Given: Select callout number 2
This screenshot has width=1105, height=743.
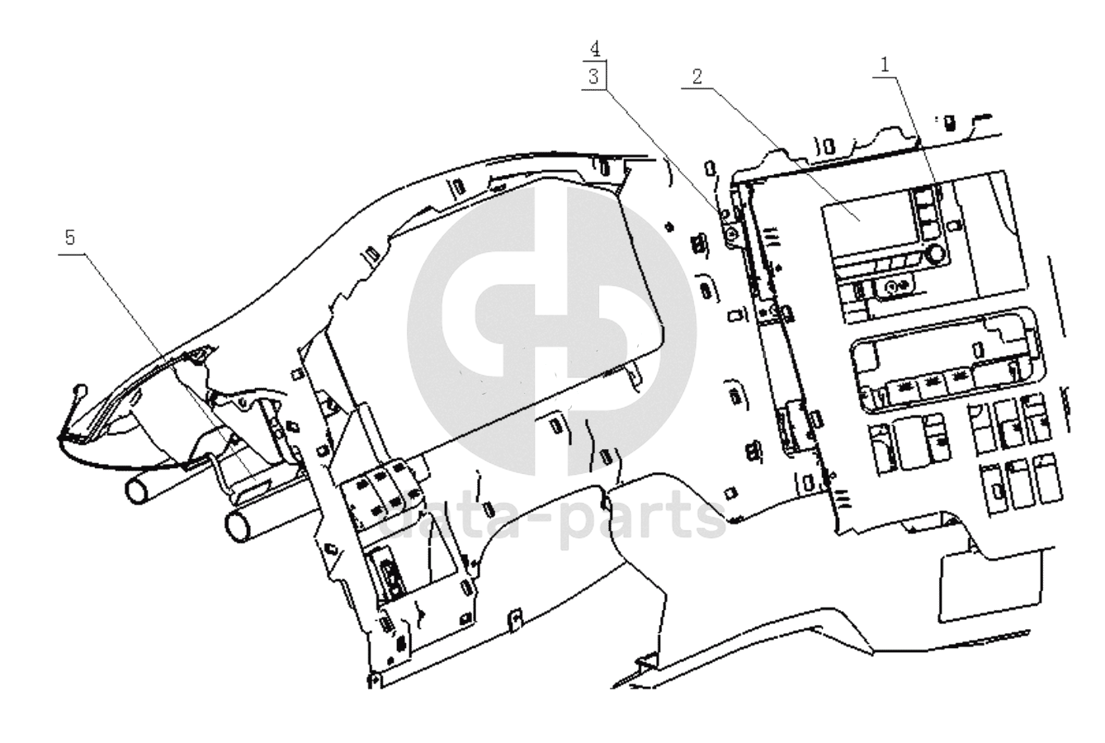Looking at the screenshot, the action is click(x=697, y=77).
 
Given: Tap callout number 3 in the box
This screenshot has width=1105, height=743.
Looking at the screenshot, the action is click(x=593, y=75).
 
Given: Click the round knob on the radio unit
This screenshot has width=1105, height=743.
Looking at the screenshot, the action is click(x=935, y=252).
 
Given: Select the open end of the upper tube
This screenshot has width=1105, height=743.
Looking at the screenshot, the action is click(x=135, y=491).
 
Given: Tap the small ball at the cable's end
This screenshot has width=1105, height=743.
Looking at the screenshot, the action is click(x=79, y=388).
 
